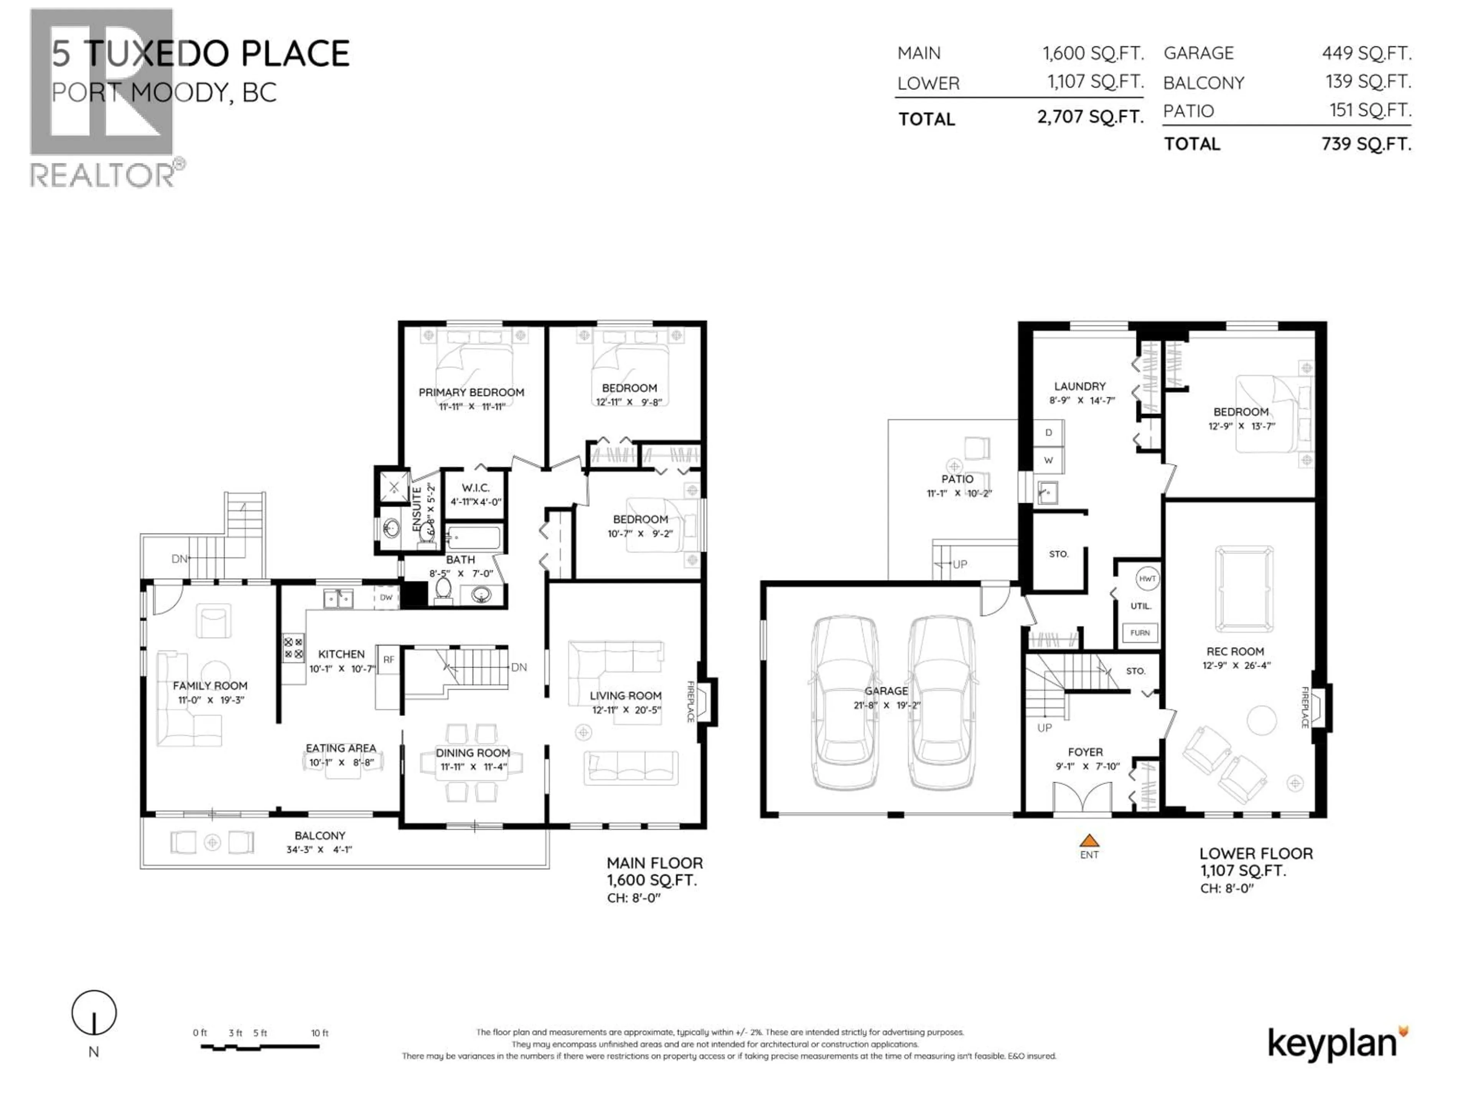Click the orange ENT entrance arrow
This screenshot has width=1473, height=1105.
pos(1089,841)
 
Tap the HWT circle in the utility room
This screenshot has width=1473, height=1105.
pos(1147,579)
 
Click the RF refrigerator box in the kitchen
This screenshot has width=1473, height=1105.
pos(388,660)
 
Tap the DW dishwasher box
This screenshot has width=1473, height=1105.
pos(386,597)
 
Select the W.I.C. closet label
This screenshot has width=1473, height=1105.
pos(475,488)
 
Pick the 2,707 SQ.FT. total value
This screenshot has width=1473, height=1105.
pos(1090,117)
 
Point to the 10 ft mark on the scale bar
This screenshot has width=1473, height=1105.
pos(319,1033)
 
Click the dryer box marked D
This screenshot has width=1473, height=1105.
pos(1048,433)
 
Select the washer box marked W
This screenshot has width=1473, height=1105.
pos(1048,460)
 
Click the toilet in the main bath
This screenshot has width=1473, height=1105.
pos(442,589)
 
